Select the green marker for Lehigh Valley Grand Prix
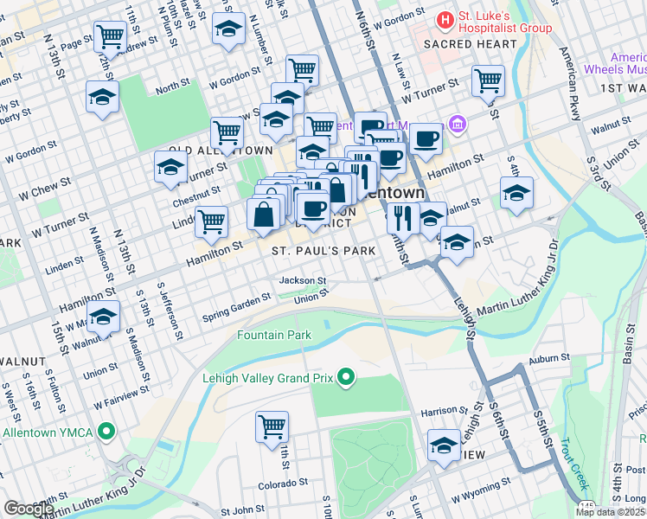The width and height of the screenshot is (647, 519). [346, 377]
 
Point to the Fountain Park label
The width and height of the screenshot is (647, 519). [274, 334]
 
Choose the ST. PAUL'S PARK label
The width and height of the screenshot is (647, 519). [323, 251]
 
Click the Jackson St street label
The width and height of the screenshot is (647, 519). [302, 280]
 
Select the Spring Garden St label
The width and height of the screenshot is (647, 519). [237, 306]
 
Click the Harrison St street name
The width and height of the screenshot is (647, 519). [438, 412]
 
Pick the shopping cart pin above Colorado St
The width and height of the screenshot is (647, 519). [272, 426]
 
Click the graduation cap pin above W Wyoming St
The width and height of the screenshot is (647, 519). [444, 445]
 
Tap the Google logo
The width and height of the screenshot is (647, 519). [29, 509]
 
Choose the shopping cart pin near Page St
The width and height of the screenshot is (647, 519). [110, 36]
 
